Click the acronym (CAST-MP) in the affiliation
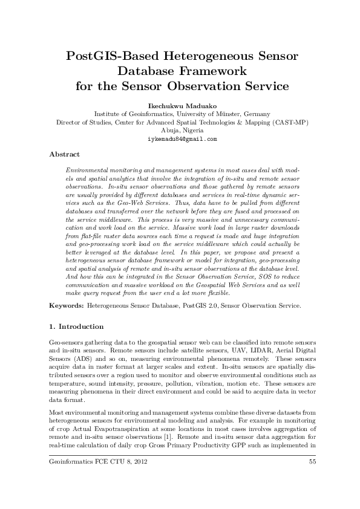[291, 122]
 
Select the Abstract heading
[64, 154]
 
